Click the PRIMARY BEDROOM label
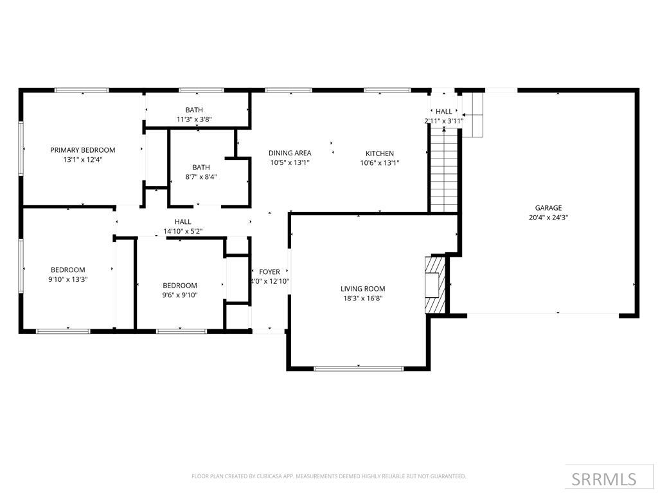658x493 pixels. [x=83, y=150]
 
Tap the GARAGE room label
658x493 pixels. [x=548, y=207]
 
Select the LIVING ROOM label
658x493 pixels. [x=362, y=289]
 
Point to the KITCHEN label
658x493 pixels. [x=380, y=153]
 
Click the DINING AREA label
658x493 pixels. [x=290, y=153]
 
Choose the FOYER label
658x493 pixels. [x=269, y=272]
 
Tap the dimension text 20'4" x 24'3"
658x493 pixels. [x=548, y=217]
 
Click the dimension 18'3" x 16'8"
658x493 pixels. [x=362, y=298]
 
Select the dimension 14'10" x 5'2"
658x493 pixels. [x=182, y=231]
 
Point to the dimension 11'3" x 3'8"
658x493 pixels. [x=194, y=119]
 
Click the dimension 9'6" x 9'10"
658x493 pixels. [x=180, y=295]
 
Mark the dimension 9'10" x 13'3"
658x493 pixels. [x=69, y=279]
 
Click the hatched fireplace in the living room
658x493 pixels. [x=436, y=285]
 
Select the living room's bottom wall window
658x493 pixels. [x=359, y=368]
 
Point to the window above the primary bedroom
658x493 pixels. [x=82, y=91]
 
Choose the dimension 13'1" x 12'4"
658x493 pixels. [x=83, y=159]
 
